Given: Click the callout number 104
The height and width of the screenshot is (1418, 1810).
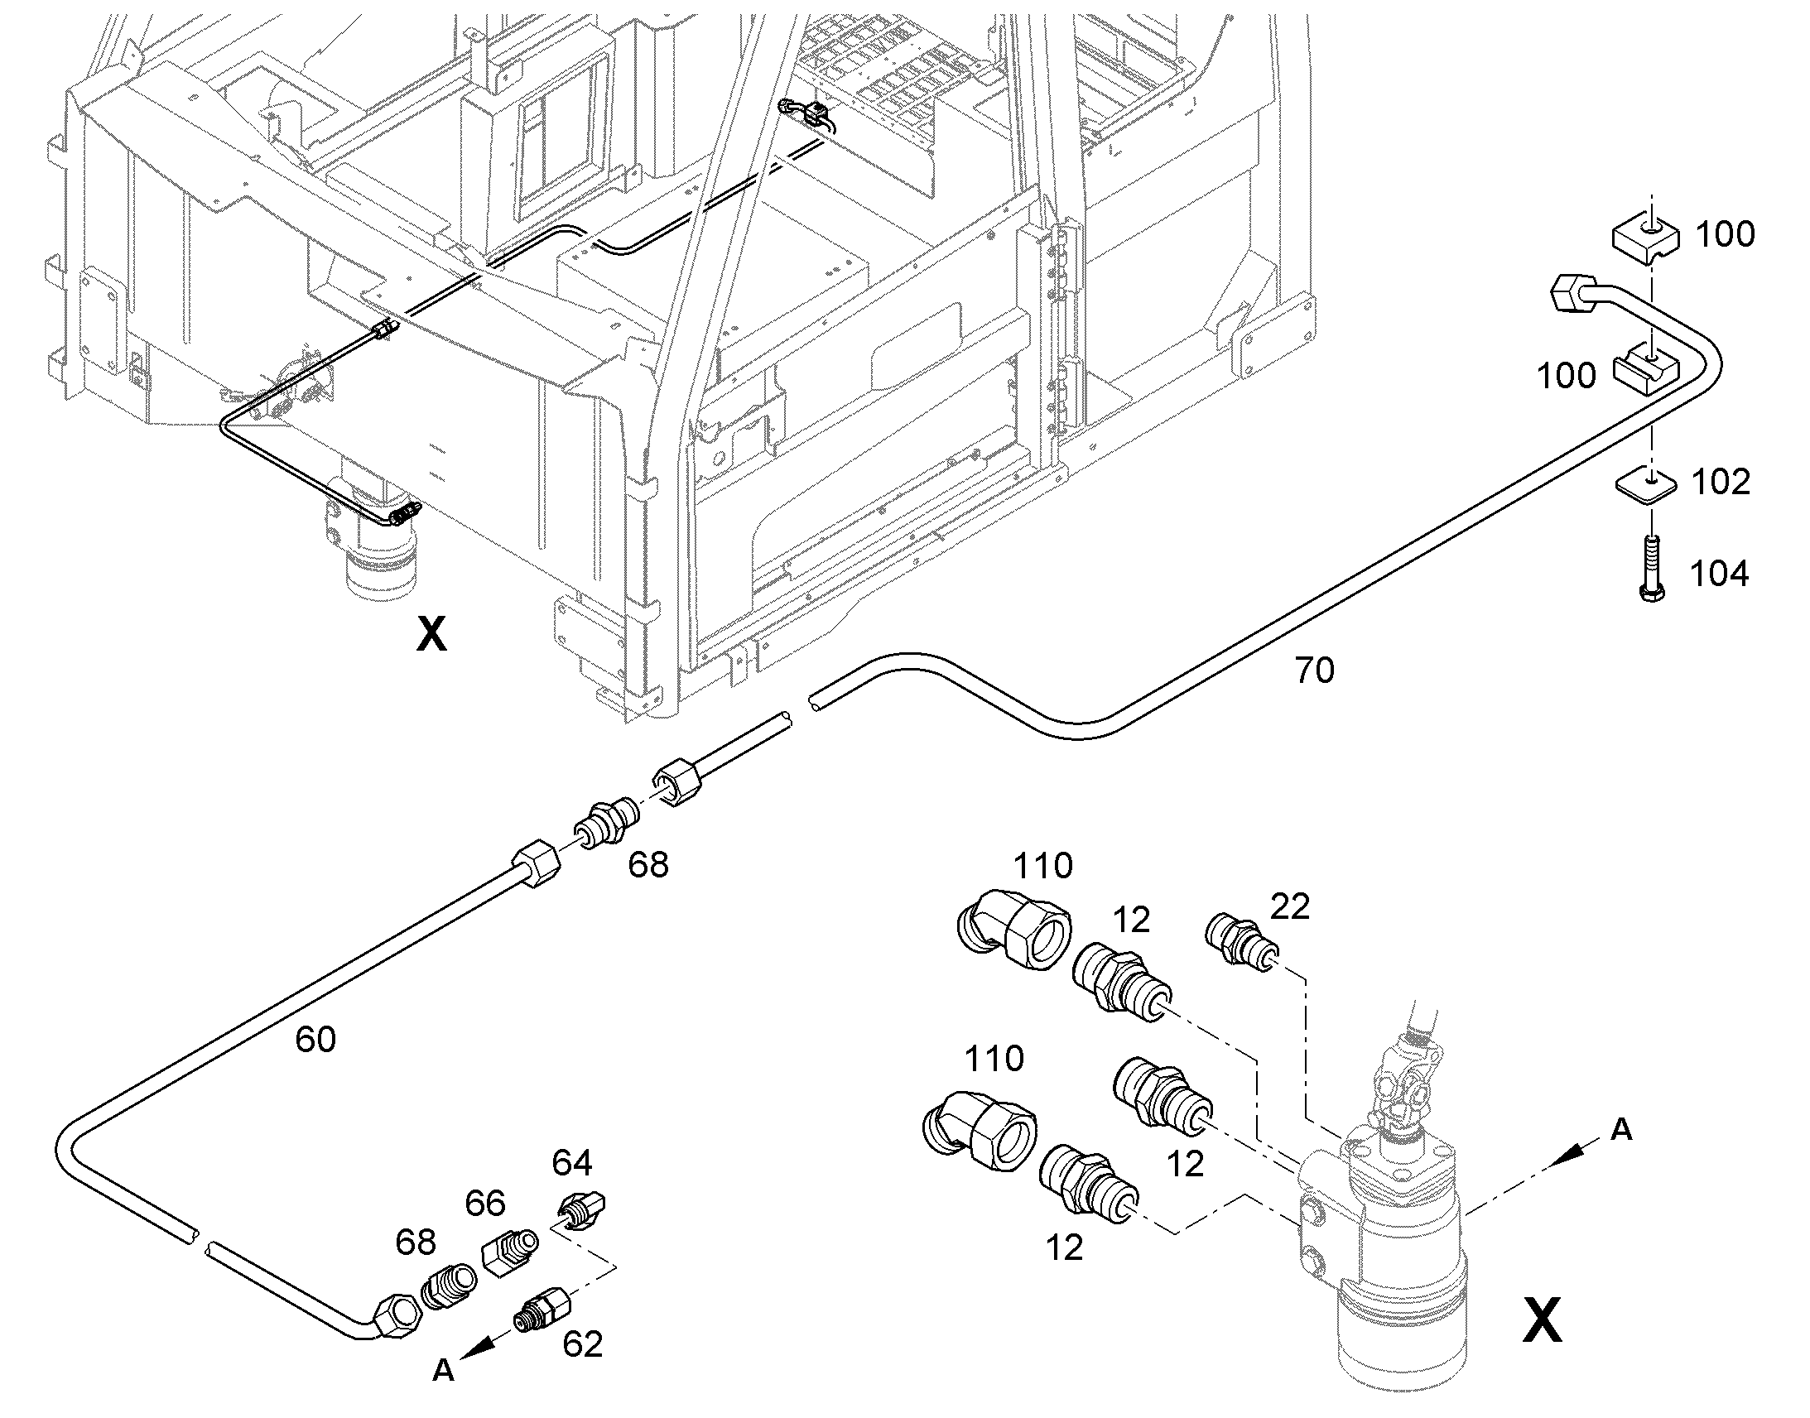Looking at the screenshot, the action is (x=1720, y=574).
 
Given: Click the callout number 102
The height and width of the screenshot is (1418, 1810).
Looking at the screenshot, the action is (x=1721, y=483).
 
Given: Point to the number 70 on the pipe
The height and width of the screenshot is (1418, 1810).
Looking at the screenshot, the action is (x=1314, y=671).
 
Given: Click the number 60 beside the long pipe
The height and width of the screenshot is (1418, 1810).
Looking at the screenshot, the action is (x=315, y=1040).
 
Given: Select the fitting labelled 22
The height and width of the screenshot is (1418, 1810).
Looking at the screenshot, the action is (x=1240, y=941).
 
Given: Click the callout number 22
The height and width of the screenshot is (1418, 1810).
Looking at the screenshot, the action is (x=1289, y=906).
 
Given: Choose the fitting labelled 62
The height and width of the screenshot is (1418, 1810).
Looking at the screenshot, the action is (x=541, y=1311).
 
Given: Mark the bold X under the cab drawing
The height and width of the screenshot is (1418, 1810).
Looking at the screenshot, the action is (x=431, y=635).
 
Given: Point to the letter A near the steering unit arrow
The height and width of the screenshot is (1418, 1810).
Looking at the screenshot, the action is (x=1620, y=1130).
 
